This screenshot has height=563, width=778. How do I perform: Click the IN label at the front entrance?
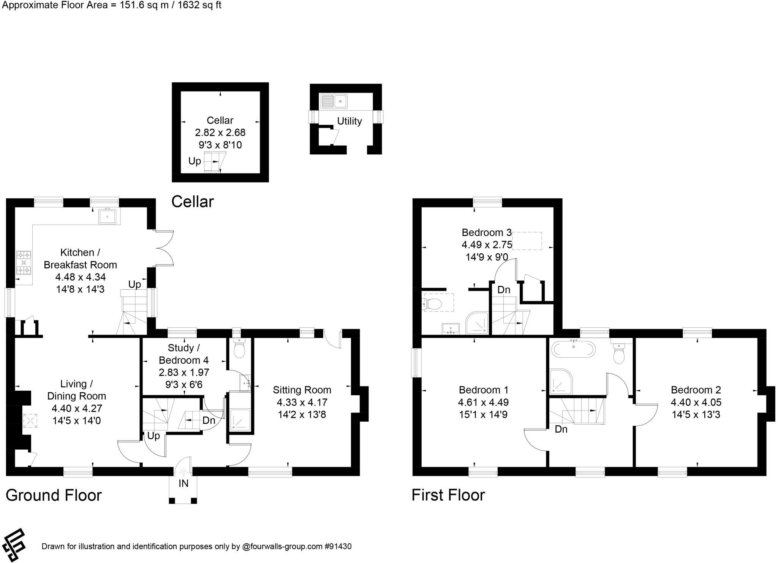pyautogui.click(x=183, y=483)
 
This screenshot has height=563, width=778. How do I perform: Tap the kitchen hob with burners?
pyautogui.click(x=24, y=263)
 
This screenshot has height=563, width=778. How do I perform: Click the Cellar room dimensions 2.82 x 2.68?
pyautogui.click(x=220, y=133)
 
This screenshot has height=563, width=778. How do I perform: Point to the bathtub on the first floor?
pyautogui.click(x=574, y=349)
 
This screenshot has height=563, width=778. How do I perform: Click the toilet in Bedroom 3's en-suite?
pyautogui.click(x=432, y=304)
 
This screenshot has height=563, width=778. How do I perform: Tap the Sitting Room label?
pyautogui.click(x=302, y=390)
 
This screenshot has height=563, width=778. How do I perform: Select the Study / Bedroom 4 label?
pyautogui.click(x=184, y=354)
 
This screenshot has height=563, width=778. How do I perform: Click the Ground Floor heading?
pyautogui.click(x=54, y=495)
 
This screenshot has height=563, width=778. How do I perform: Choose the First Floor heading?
pyautogui.click(x=448, y=495)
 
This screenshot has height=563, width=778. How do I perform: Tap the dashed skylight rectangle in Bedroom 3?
pyautogui.click(x=527, y=241)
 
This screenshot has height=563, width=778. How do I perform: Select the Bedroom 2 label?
pyautogui.click(x=696, y=390)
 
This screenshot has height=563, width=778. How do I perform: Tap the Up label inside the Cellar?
pyautogui.click(x=194, y=161)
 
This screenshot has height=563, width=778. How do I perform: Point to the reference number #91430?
pyautogui.click(x=338, y=546)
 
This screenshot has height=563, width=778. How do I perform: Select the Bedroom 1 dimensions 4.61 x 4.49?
pyautogui.click(x=483, y=402)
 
